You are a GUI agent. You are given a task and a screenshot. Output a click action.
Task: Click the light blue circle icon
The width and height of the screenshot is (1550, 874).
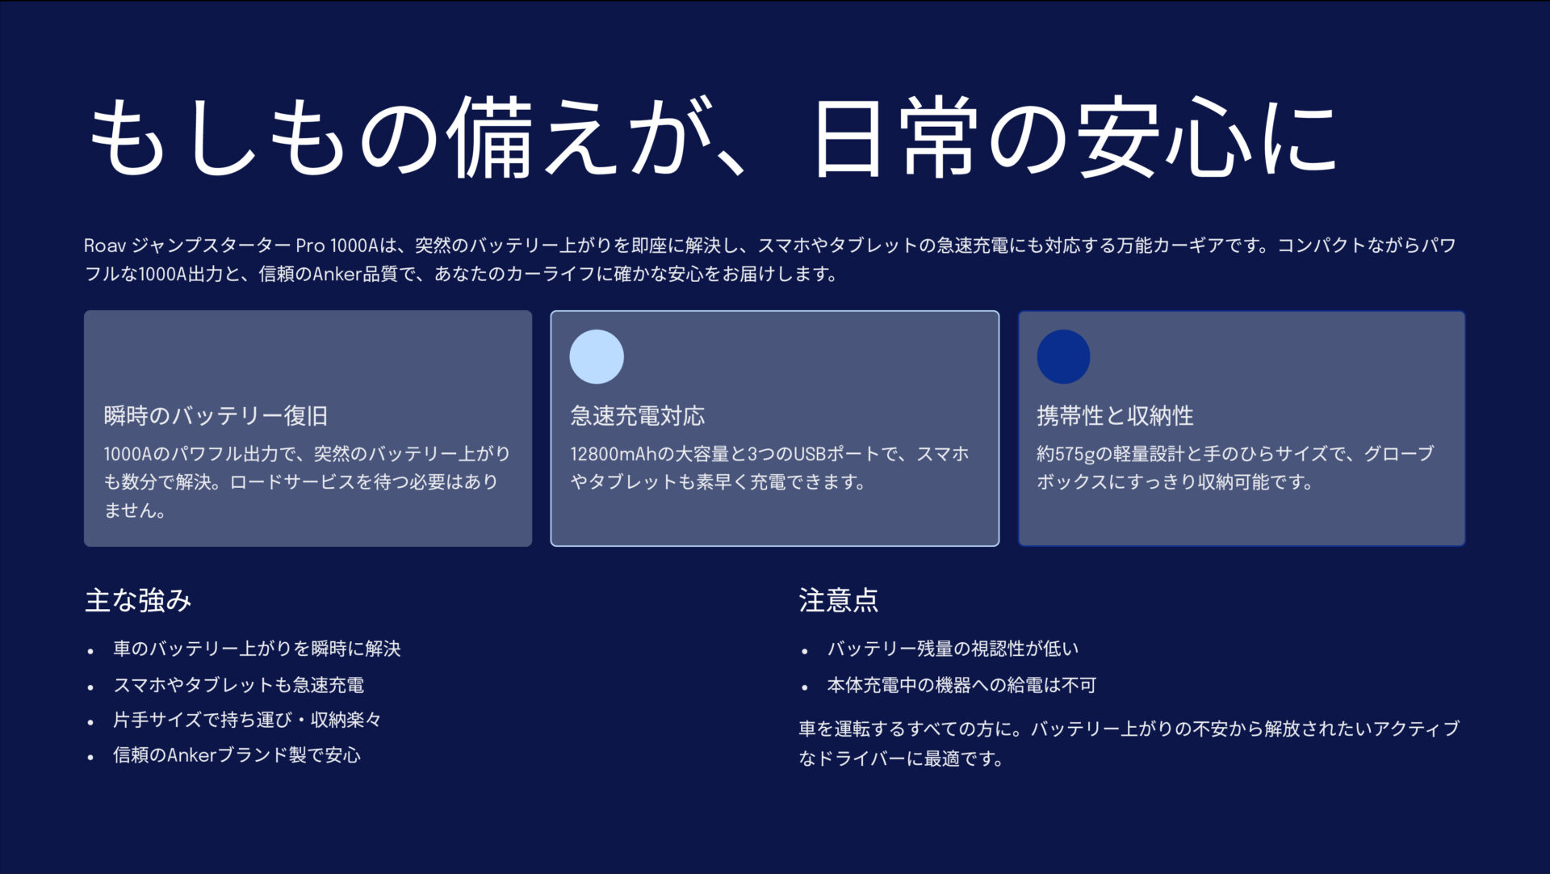pyautogui.click(x=597, y=356)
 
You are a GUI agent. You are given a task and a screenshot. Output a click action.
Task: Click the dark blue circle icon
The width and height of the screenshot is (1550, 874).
pyautogui.click(x=1063, y=356)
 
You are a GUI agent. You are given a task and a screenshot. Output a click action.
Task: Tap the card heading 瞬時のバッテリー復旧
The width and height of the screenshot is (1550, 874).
pyautogui.click(x=216, y=416)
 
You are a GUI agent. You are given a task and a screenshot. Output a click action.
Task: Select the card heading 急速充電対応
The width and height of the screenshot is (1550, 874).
pyautogui.click(x=638, y=416)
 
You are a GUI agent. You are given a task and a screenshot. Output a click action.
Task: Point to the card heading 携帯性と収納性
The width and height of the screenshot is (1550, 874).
pyautogui.click(x=1115, y=416)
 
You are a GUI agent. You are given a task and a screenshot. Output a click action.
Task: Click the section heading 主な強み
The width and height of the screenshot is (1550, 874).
pyautogui.click(x=138, y=600)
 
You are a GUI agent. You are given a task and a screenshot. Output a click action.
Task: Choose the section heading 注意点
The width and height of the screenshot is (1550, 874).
pyautogui.click(x=839, y=600)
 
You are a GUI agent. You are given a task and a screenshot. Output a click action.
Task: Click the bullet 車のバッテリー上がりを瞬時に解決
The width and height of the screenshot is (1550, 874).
pyautogui.click(x=257, y=649)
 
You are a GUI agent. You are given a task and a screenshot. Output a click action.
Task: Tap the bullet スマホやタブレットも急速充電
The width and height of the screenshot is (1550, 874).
pyautogui.click(x=239, y=685)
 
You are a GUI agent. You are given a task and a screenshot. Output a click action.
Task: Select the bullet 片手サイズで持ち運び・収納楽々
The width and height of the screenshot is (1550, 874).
pyautogui.click(x=247, y=720)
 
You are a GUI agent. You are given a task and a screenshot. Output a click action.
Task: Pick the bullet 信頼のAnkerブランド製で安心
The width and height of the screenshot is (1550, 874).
pyautogui.click(x=237, y=755)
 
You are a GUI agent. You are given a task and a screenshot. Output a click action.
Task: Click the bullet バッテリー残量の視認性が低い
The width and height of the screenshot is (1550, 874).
pyautogui.click(x=953, y=649)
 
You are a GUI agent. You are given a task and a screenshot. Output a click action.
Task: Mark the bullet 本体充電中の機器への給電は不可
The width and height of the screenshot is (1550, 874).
pyautogui.click(x=961, y=685)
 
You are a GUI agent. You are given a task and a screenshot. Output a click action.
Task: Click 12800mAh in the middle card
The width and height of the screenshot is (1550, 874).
pyautogui.click(x=614, y=454)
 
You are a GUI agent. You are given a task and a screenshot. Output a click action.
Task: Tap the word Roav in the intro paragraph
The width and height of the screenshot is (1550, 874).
pyautogui.click(x=105, y=246)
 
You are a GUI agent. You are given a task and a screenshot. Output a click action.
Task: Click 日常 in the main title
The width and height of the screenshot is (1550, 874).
pyautogui.click(x=895, y=137)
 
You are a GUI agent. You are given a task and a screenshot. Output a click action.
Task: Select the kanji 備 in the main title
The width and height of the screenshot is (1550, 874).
pyautogui.click(x=490, y=137)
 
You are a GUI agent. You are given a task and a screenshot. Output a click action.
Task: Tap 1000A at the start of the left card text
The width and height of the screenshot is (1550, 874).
pyautogui.click(x=128, y=454)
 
